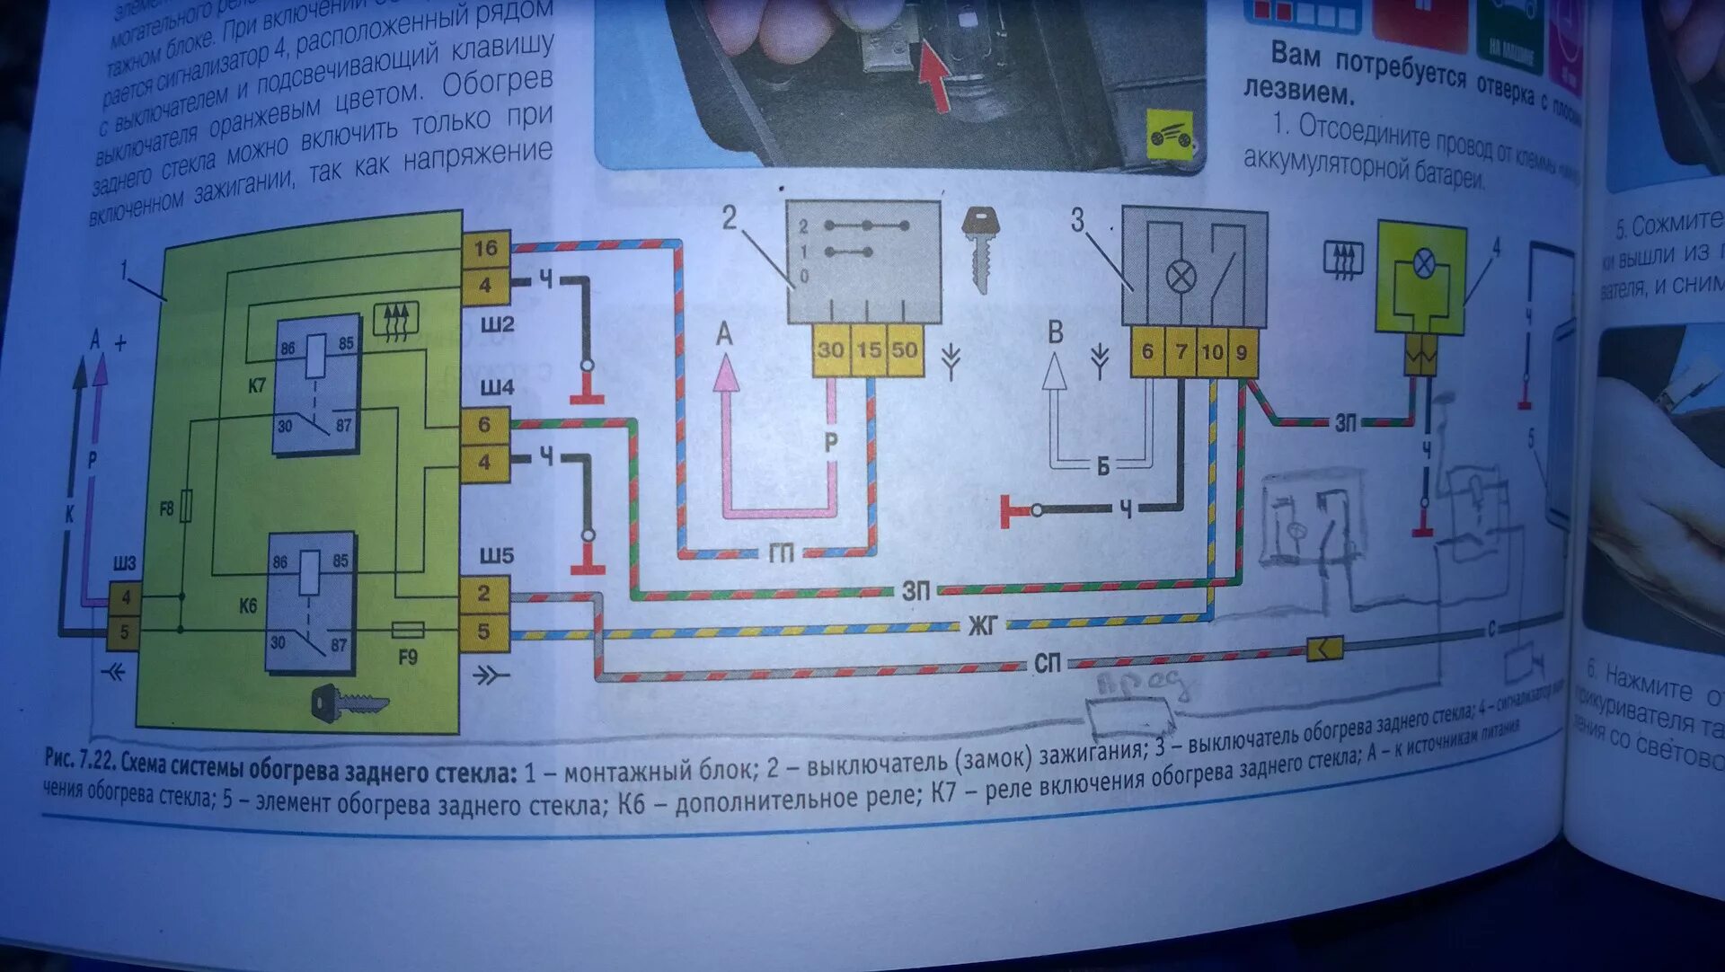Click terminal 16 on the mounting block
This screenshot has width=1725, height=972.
485,248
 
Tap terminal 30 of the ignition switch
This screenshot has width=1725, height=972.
830,349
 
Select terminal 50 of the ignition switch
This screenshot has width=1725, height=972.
904,349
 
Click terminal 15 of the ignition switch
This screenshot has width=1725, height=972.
869,349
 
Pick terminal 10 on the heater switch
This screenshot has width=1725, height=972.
1212,351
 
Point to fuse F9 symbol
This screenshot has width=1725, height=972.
408,630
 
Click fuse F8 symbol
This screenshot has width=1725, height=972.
186,507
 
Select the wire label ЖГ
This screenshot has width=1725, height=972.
982,624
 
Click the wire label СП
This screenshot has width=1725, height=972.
1047,664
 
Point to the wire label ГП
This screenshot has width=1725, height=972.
781,552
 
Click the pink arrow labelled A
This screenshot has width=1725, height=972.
726,370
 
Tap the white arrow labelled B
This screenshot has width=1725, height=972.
1055,370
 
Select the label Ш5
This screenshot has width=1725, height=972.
496,555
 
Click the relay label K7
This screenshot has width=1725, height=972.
257,385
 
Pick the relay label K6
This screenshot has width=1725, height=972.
248,605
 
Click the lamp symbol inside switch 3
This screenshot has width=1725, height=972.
1180,276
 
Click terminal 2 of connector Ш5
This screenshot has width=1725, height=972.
484,594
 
